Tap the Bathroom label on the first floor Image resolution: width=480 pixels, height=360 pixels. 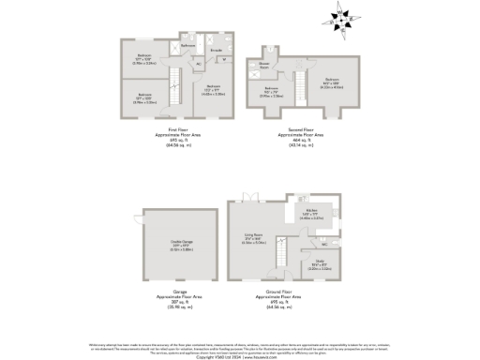point(187,45)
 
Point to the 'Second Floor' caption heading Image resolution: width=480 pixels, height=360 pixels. point(300,128)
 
